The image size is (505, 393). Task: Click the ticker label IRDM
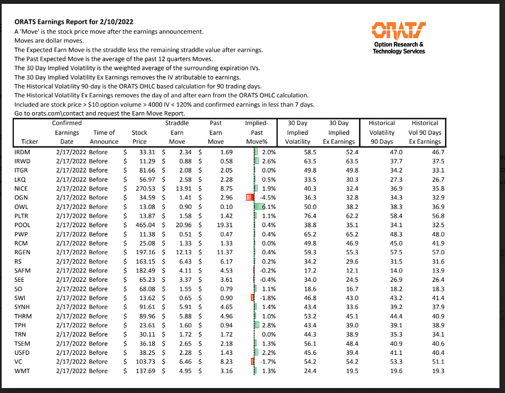pyautogui.click(x=23, y=151)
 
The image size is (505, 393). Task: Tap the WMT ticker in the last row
pyautogui.click(x=23, y=370)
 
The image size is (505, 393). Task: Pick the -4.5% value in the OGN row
pyautogui.click(x=267, y=197)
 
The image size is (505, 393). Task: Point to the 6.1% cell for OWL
pyautogui.click(x=268, y=206)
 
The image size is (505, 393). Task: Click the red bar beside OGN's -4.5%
pyautogui.click(x=249, y=197)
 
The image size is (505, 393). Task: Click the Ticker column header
pyautogui.click(x=29, y=142)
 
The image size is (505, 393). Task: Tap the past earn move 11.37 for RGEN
pyautogui.click(x=216, y=252)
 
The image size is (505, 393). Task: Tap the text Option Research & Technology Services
pyautogui.click(x=399, y=48)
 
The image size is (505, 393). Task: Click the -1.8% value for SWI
pyautogui.click(x=268, y=297)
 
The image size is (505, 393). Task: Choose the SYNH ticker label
pyautogui.click(x=24, y=307)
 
